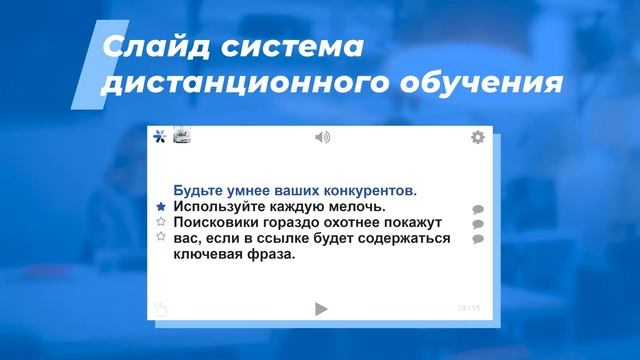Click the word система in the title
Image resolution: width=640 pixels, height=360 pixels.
pos(297,47)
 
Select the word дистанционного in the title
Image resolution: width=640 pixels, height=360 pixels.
pos(222,86)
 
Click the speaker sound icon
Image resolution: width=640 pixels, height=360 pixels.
pos(322,137)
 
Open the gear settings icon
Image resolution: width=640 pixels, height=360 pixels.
pos(478,137)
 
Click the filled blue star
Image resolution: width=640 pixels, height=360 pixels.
pos(160,206)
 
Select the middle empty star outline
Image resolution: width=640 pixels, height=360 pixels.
pos(160,222)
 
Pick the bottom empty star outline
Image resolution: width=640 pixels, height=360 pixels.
pos(160,238)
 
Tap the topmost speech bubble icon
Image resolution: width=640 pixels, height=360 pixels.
pos(478,210)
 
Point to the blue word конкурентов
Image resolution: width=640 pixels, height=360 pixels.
pos(366,190)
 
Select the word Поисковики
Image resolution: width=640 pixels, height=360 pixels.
pos(218,222)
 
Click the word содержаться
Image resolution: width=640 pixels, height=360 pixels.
pos(404,238)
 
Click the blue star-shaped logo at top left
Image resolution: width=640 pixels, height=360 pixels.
pos(159,137)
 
